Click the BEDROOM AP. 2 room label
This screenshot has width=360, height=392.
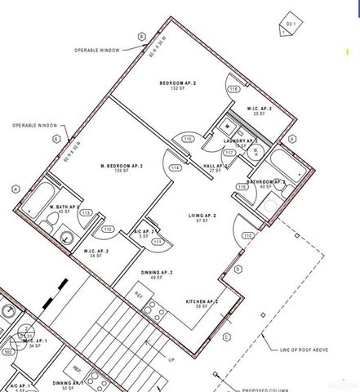coord(181,83)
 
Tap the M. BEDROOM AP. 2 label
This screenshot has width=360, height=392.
coord(121,167)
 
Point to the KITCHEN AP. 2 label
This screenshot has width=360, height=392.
coord(202,301)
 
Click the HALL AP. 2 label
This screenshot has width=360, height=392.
coord(214,166)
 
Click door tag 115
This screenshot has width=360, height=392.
coord(188,140)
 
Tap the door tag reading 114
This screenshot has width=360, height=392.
coord(175,168)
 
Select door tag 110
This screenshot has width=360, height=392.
coord(247,235)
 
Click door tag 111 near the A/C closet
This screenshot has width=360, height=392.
coord(158,242)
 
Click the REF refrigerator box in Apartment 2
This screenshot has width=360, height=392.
coord(139,292)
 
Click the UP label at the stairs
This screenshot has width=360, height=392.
coord(171,359)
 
